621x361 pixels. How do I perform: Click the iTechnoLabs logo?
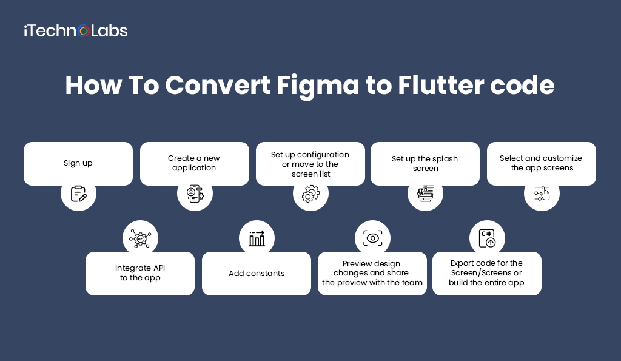[75, 30]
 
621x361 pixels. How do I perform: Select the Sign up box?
[78, 163]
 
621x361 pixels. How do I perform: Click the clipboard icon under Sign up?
[78, 194]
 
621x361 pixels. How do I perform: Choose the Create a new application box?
[194, 163]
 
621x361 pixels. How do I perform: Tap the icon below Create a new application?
[195, 194]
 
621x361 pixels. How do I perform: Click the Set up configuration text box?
[310, 164]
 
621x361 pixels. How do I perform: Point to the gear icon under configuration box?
[310, 194]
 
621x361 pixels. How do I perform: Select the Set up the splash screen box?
[425, 164]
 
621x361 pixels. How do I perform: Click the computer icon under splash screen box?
[426, 194]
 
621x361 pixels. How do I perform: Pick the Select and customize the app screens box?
[541, 163]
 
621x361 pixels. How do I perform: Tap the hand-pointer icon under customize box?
[542, 194]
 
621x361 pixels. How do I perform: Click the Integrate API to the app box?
[140, 273]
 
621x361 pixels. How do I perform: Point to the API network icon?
[141, 238]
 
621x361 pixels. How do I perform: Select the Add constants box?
[256, 274]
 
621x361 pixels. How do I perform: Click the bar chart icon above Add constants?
[257, 238]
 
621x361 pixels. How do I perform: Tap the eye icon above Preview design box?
[372, 238]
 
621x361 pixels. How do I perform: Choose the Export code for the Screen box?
[486, 273]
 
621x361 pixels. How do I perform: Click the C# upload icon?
[487, 238]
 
